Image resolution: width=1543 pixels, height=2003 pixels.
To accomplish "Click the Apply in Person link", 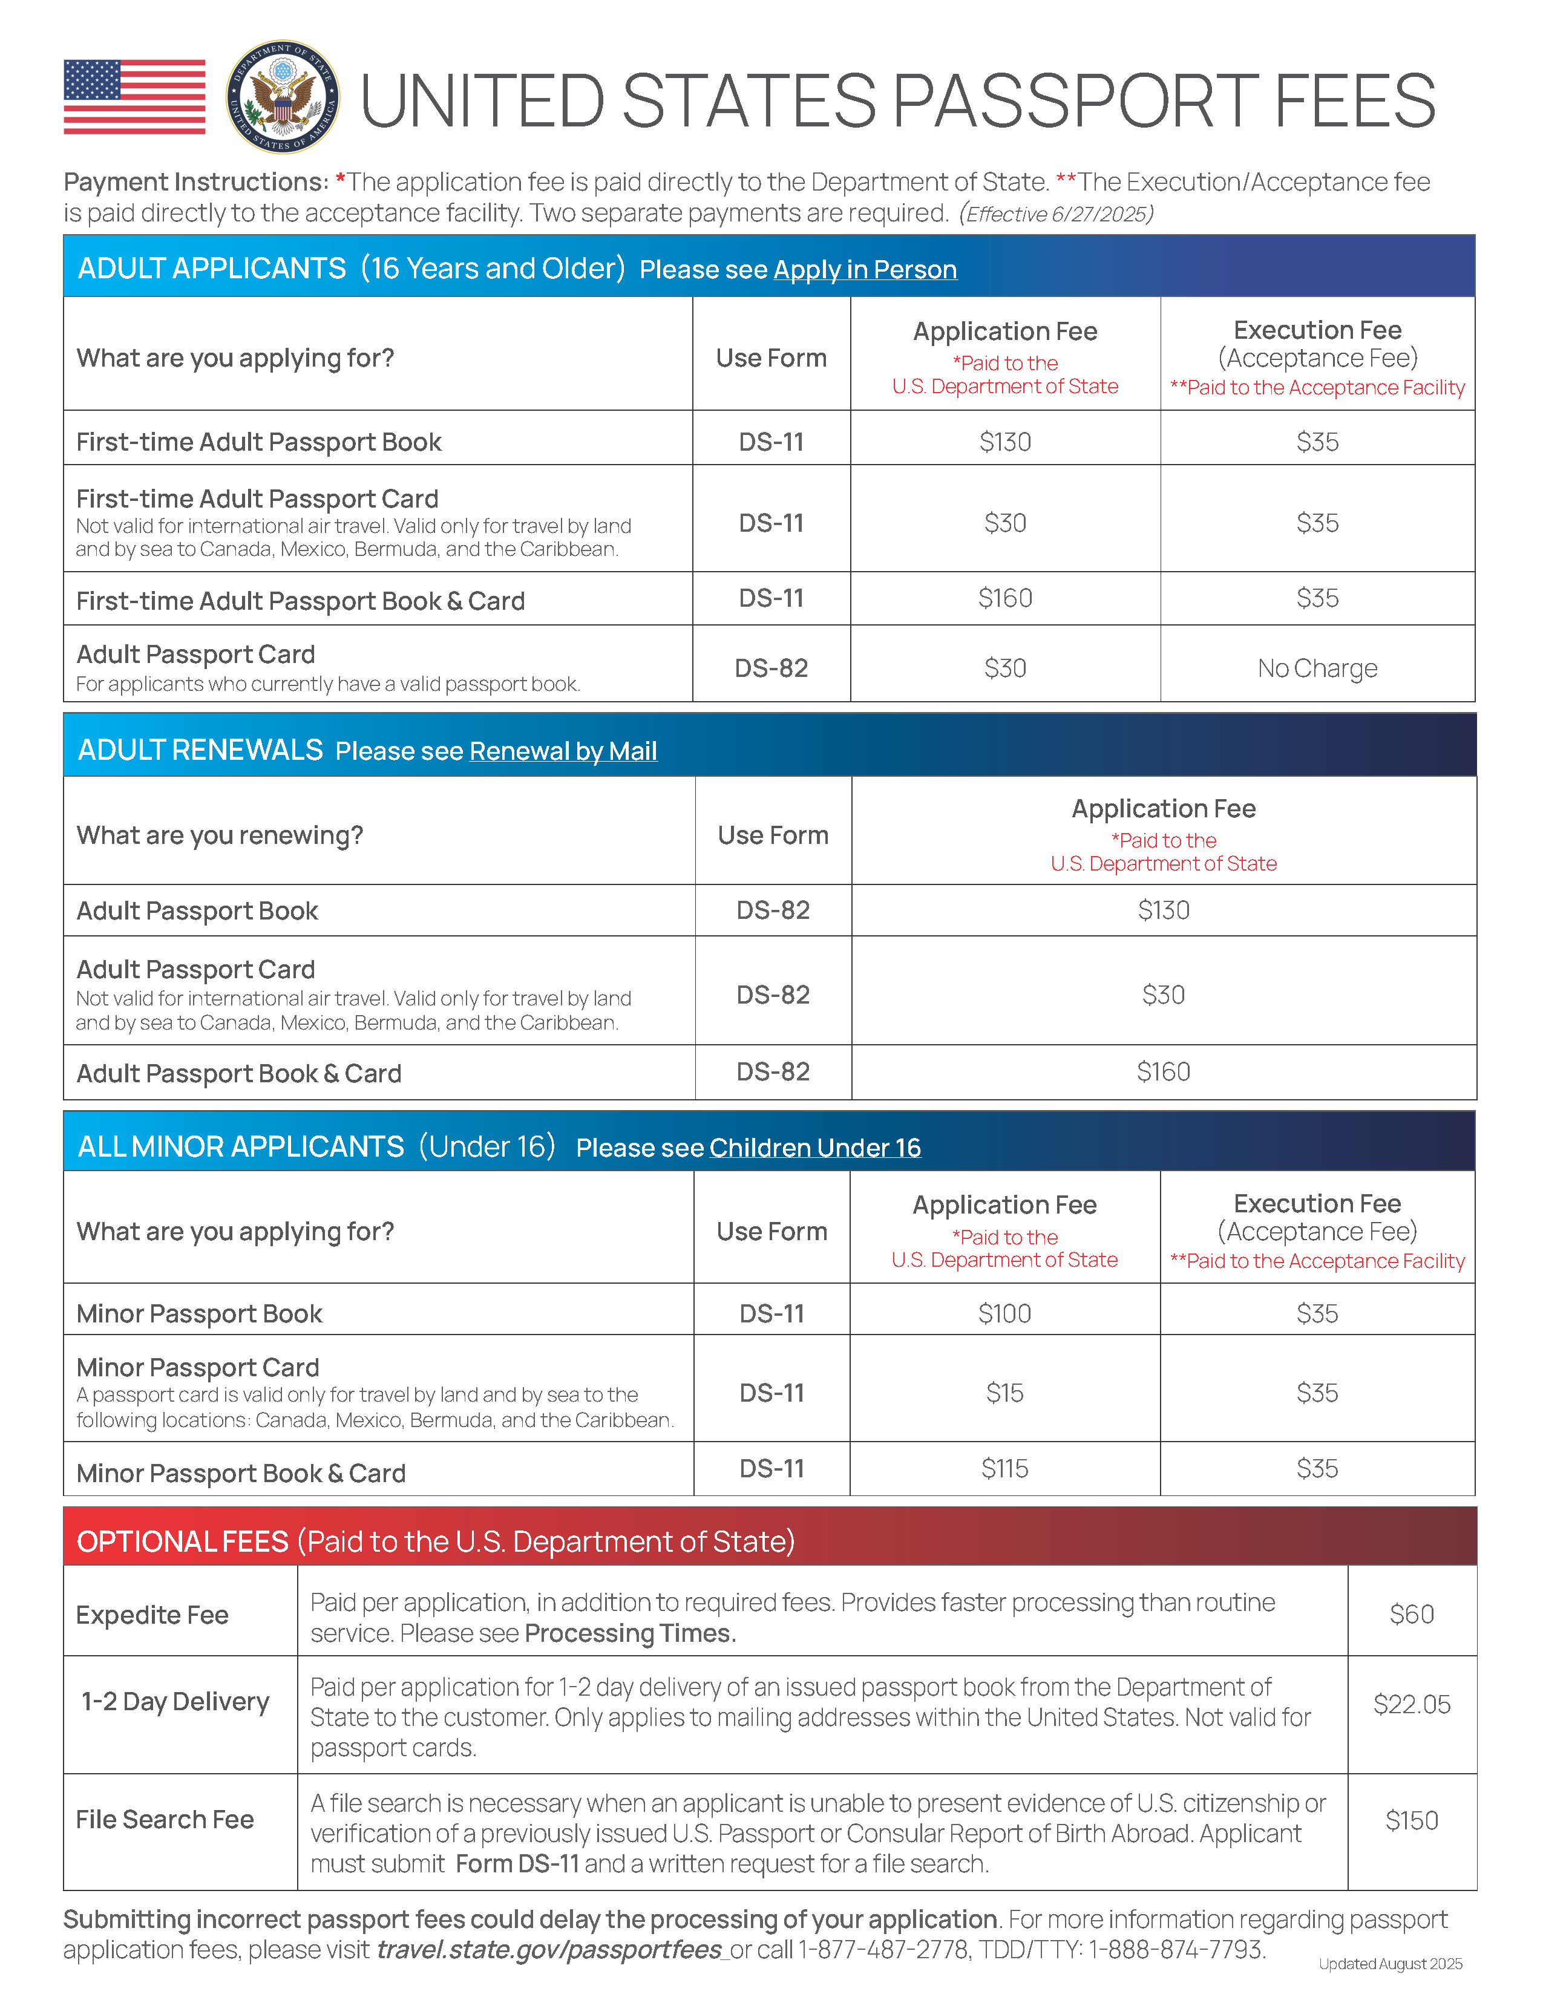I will pos(864,270).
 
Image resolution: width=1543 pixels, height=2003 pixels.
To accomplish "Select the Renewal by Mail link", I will pos(562,751).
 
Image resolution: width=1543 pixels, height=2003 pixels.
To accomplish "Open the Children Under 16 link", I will pos(814,1148).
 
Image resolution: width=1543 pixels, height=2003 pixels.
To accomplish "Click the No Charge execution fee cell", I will pos(1317,668).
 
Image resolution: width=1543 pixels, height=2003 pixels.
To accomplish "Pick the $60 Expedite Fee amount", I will pos(1411,1614).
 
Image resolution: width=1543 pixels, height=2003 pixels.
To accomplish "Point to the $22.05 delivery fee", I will pos(1411,1704).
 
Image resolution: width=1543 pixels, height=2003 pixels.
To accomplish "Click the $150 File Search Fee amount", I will pos(1411,1820).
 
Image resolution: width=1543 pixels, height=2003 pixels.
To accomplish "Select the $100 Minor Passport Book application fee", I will pos(1004,1313).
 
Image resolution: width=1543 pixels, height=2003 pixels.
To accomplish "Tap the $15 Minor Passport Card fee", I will pos(1004,1393).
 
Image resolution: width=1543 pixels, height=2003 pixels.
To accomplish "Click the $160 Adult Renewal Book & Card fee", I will pos(1163,1072).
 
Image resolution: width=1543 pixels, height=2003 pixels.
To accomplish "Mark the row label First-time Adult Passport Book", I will pos(259,442).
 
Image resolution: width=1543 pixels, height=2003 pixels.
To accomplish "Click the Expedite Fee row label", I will pos(152,1615).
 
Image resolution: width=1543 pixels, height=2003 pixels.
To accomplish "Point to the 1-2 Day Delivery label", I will pos(175,1702).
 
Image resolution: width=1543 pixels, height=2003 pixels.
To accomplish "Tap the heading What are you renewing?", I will pos(220,835).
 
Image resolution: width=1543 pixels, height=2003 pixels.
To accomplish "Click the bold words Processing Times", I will pos(629,1633).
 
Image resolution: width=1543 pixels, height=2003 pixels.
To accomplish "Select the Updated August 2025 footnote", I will pos(1390,1964).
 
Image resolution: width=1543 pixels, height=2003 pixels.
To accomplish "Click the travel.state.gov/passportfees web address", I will pos(549,1949).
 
